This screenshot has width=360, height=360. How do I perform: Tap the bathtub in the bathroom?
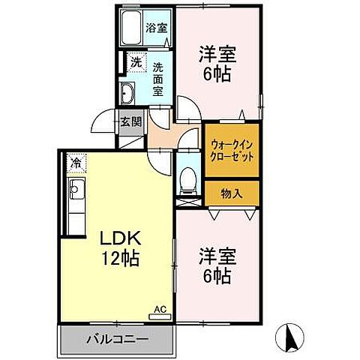131,31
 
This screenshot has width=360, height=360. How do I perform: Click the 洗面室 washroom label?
158,79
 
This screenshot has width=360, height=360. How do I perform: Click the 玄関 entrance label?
132,120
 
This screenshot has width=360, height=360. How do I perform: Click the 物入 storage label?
231,193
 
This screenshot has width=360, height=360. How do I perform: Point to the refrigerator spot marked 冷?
76,162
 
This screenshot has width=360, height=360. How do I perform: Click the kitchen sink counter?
77,202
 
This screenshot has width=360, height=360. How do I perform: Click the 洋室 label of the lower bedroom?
217,254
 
